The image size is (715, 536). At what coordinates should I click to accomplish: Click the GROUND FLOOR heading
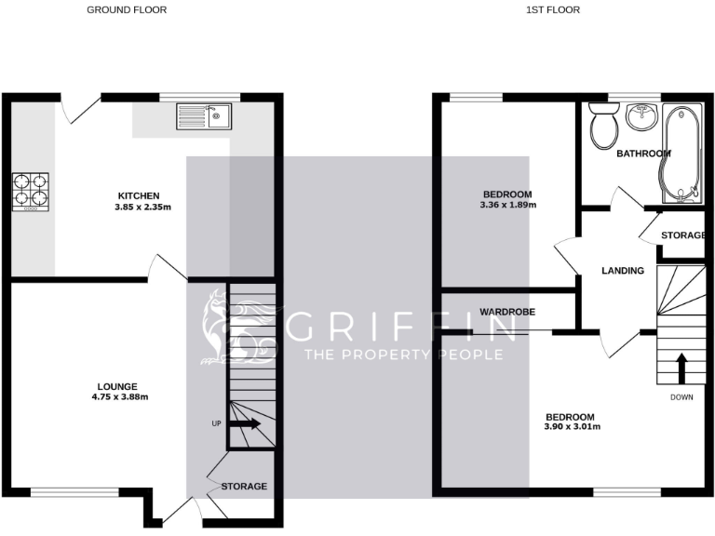pyautogui.click(x=128, y=10)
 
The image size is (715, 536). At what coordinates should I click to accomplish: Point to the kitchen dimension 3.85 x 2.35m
pyautogui.click(x=138, y=207)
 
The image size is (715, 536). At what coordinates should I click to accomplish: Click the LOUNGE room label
pyautogui.click(x=117, y=386)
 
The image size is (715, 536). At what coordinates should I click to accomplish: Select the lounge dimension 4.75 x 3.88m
pyautogui.click(x=117, y=397)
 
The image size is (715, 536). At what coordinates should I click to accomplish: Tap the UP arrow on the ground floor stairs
pyautogui.click(x=244, y=424)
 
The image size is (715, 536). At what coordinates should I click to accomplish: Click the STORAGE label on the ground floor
pyautogui.click(x=244, y=487)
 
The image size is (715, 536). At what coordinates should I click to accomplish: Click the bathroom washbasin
pyautogui.click(x=642, y=117)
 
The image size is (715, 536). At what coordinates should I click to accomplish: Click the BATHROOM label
pyautogui.click(x=644, y=154)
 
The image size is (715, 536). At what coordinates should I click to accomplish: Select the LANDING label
pyautogui.click(x=623, y=271)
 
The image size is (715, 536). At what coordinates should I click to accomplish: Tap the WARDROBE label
pyautogui.click(x=506, y=311)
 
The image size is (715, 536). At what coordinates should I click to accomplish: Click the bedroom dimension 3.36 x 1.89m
pyautogui.click(x=507, y=205)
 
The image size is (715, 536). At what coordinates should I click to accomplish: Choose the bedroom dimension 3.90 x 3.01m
pyautogui.click(x=573, y=427)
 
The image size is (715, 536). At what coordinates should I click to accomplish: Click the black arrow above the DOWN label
pyautogui.click(x=681, y=367)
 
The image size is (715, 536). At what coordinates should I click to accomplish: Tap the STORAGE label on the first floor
pyautogui.click(x=683, y=235)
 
